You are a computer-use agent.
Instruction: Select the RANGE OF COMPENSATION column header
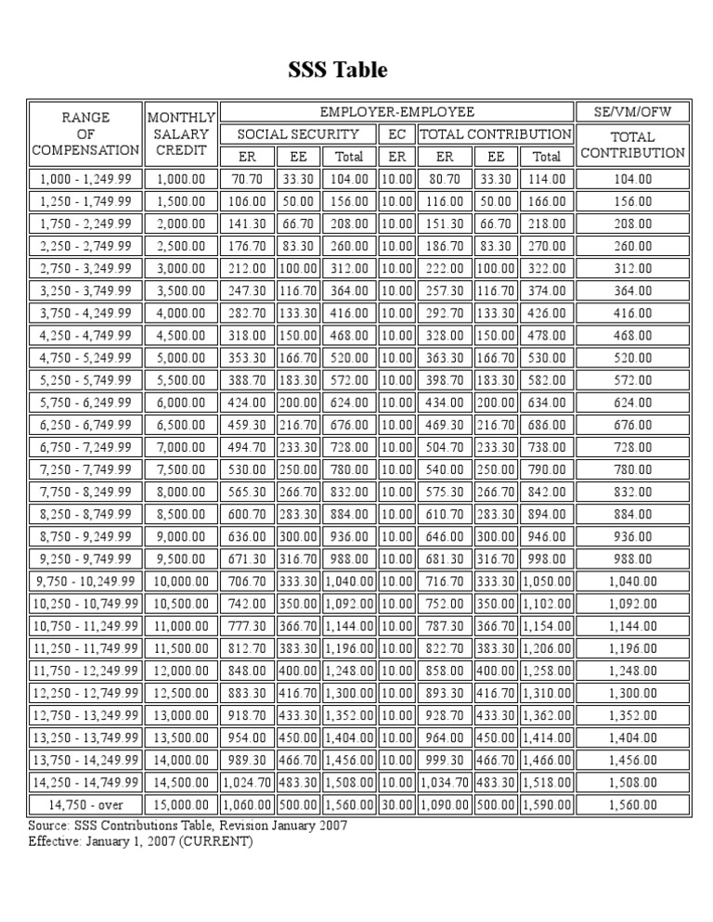coord(85,134)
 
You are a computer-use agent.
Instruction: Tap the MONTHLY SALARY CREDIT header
coord(181,134)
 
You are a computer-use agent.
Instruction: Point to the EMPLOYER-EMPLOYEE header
coord(396,111)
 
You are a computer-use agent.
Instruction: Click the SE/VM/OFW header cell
coord(632,111)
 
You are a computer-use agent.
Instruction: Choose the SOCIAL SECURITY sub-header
coord(296,134)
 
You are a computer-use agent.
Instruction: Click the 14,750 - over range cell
coord(85,805)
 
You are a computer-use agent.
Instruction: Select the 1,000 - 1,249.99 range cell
coord(85,178)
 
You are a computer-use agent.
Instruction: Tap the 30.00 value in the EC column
coord(396,805)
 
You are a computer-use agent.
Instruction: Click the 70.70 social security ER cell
coord(246,178)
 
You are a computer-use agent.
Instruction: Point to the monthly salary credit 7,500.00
coord(181,469)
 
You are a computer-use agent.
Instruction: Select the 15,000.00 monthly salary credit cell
coord(181,805)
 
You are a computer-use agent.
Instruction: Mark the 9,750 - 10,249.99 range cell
coord(85,582)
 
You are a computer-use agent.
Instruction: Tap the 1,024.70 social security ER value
coord(246,783)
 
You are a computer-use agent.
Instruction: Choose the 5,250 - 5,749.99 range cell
coord(85,380)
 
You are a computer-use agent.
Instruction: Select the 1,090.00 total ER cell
coord(445,805)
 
